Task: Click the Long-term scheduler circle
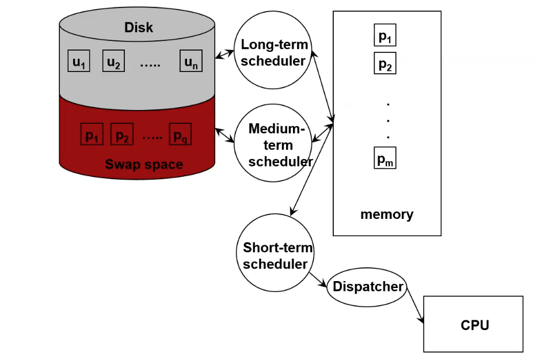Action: tap(273, 52)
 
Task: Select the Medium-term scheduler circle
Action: tap(273, 144)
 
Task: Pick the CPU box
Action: tap(474, 324)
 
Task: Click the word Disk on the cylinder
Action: tap(139, 27)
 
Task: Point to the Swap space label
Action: tap(144, 165)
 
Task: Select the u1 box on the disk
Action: tap(79, 61)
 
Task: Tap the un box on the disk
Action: tap(191, 61)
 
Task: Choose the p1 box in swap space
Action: tap(92, 135)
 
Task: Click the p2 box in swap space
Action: tap(121, 135)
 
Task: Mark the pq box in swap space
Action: tap(180, 135)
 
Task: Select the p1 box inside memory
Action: tap(385, 36)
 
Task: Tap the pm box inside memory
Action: tap(385, 157)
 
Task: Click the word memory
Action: tap(387, 215)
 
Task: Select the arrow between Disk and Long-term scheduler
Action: tap(224, 55)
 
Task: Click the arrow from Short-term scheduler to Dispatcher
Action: tap(318, 279)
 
